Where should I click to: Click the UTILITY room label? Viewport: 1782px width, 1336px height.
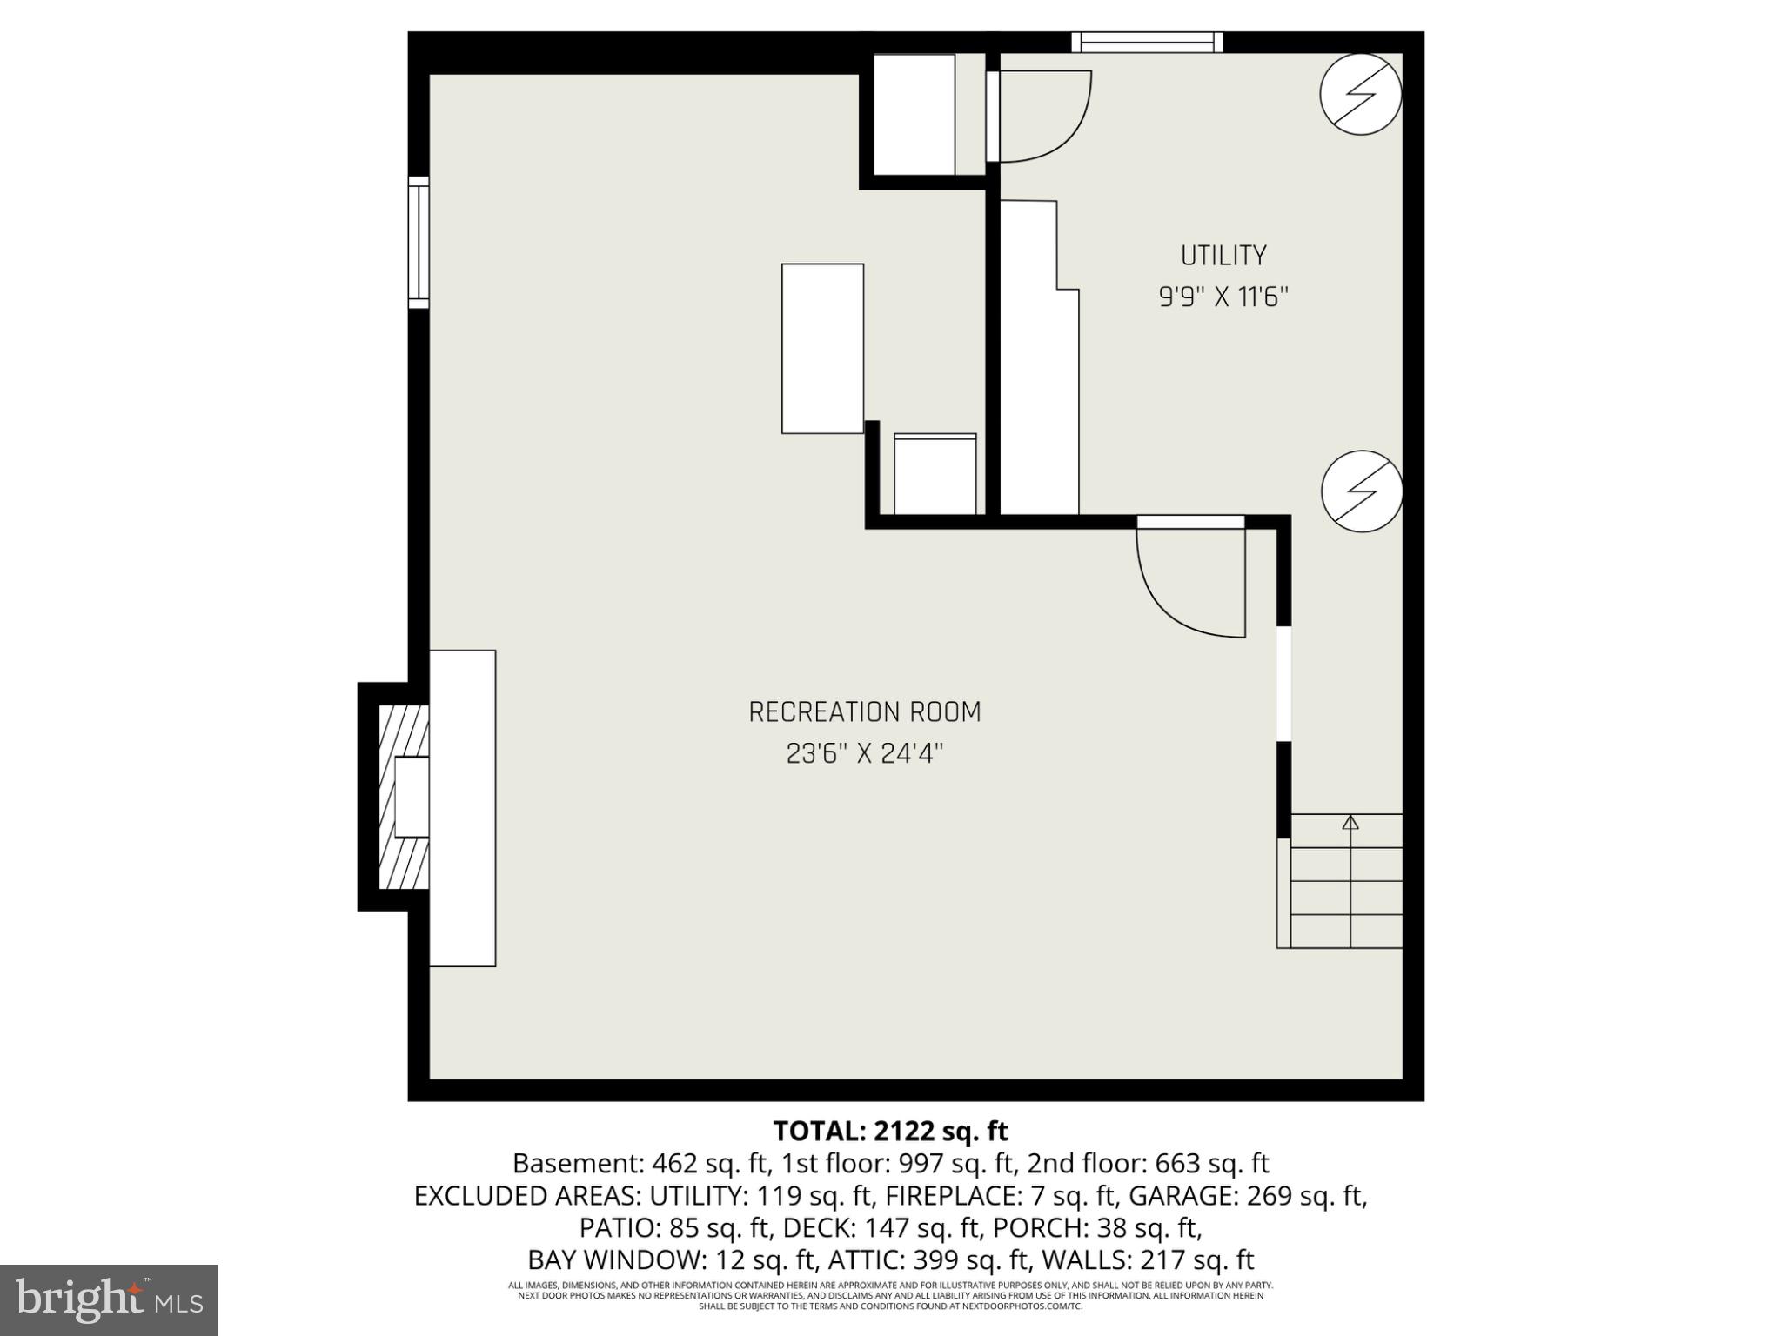(1223, 256)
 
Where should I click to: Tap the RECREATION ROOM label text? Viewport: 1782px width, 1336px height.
(865, 712)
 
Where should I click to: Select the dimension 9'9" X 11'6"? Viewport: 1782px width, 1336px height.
(1223, 297)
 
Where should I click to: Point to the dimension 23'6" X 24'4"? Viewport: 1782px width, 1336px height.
(865, 753)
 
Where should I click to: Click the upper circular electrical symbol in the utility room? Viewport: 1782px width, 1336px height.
(1360, 94)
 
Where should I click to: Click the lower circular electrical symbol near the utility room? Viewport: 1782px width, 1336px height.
(1361, 491)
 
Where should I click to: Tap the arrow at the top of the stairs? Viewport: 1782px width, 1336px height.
(1350, 822)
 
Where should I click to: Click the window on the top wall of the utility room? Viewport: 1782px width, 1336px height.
(1147, 43)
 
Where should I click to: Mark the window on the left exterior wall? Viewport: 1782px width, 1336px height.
(419, 242)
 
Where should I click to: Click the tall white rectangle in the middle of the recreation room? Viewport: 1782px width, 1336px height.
(822, 348)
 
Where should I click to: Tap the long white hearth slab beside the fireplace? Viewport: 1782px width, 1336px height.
(462, 808)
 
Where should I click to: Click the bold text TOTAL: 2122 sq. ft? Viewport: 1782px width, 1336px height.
(890, 1131)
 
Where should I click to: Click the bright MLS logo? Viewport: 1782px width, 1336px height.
(109, 1300)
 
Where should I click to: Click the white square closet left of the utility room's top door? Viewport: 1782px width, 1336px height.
(914, 115)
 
